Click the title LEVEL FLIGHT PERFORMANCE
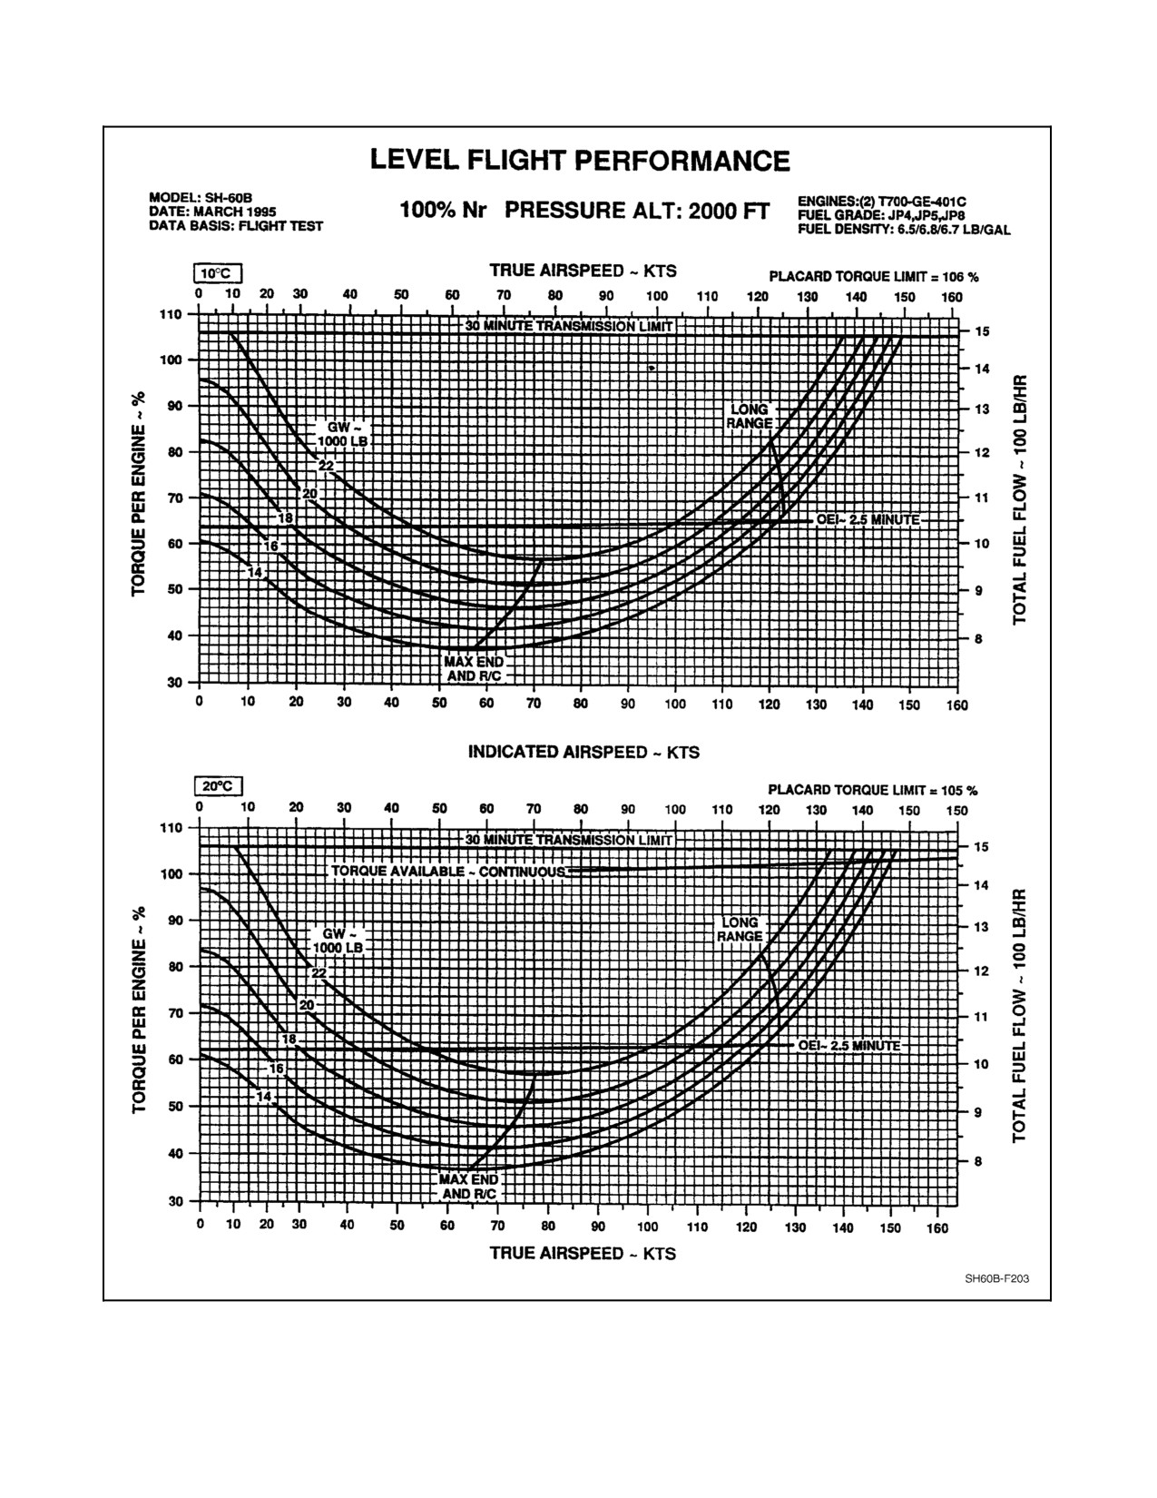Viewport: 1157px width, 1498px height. (580, 161)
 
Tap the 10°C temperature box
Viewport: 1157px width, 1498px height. (218, 273)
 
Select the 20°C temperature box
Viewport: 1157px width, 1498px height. (218, 786)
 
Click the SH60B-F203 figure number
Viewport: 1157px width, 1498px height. (997, 1279)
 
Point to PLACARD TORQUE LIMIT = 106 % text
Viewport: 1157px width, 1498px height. (874, 277)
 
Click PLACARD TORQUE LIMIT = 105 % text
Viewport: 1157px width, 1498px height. (873, 790)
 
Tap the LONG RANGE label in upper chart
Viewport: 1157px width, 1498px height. (749, 416)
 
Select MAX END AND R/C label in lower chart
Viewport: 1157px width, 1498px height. (468, 1187)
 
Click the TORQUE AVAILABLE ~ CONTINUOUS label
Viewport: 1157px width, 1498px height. (448, 872)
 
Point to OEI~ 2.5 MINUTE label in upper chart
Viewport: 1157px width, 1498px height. (868, 520)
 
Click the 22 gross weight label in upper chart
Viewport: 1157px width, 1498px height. (326, 466)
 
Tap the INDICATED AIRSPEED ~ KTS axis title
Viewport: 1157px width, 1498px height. (583, 752)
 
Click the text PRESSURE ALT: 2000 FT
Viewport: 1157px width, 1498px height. (637, 211)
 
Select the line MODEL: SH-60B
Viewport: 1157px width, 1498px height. (201, 199)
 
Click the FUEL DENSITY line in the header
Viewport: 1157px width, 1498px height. (904, 230)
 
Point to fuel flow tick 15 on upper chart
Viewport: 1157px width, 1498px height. (982, 331)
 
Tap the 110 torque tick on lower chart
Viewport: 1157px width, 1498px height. (171, 827)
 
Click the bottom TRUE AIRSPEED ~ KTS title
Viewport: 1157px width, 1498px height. (583, 1253)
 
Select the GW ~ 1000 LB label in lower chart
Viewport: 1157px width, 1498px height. (338, 941)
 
